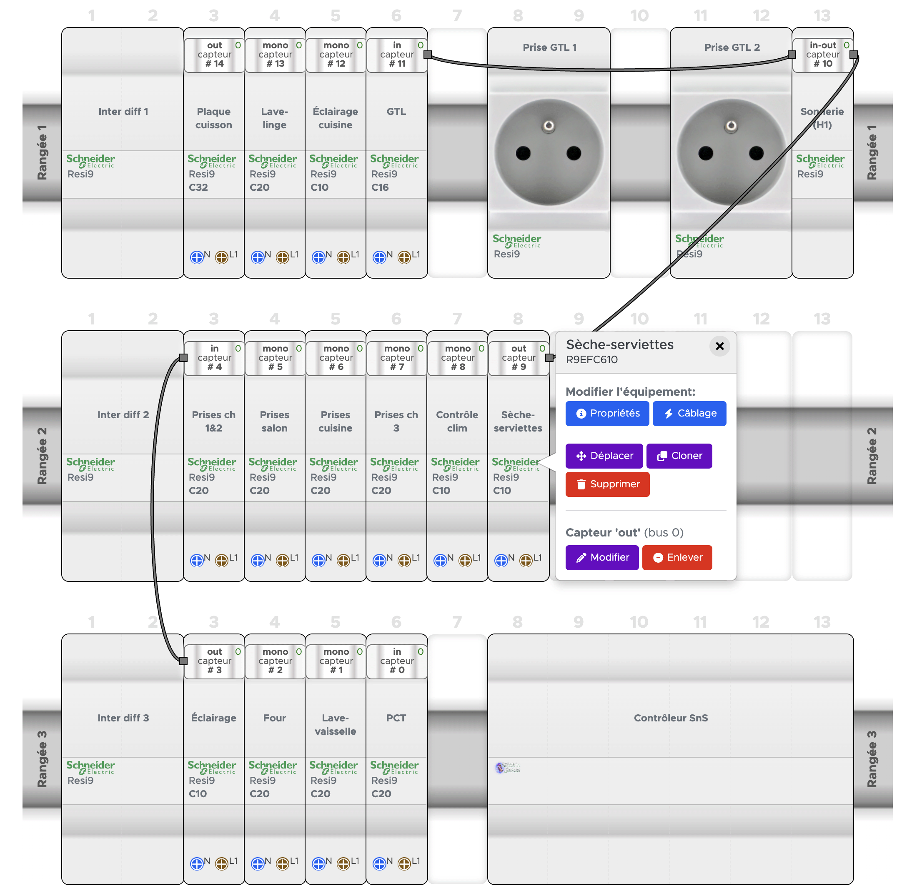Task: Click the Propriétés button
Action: coord(607,414)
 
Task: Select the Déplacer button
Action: coord(604,456)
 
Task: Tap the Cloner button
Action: coord(679,456)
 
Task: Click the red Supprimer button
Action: coord(607,484)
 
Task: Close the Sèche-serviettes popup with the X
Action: coord(719,347)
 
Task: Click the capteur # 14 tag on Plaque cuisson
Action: coord(214,55)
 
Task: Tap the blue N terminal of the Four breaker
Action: coord(257,864)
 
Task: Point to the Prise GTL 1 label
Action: coord(549,47)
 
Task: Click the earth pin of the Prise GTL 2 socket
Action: coord(731,125)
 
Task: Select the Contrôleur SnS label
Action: coord(670,718)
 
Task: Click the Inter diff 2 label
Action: coord(123,415)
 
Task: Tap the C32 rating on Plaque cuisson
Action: coord(198,187)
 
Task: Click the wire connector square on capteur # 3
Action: coord(183,661)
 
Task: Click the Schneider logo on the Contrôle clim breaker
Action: coord(455,464)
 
